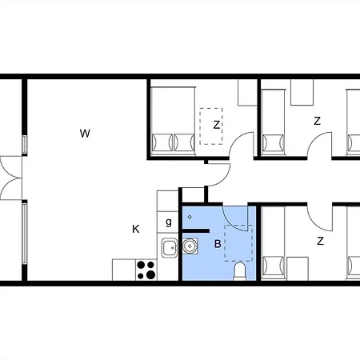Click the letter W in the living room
coord(85,134)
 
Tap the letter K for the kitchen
coord(136,229)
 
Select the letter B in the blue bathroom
coord(218,244)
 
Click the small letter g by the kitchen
coord(169,222)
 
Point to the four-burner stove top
coord(146,270)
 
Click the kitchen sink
coord(170,248)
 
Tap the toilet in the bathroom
coord(239,271)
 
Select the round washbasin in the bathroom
coord(190,246)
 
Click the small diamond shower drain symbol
coord(190,217)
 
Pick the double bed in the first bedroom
coord(173,121)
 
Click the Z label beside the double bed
coord(217,125)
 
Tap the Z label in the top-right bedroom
coord(317,121)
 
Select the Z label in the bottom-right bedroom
coord(320,241)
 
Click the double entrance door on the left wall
coord(10,178)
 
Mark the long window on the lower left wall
coord(25,233)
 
